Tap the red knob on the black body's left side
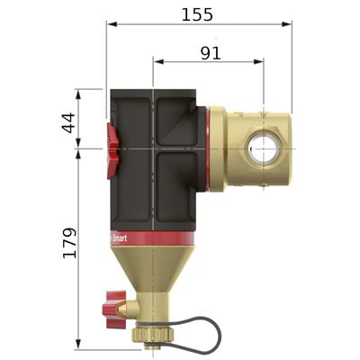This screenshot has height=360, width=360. (112, 144)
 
